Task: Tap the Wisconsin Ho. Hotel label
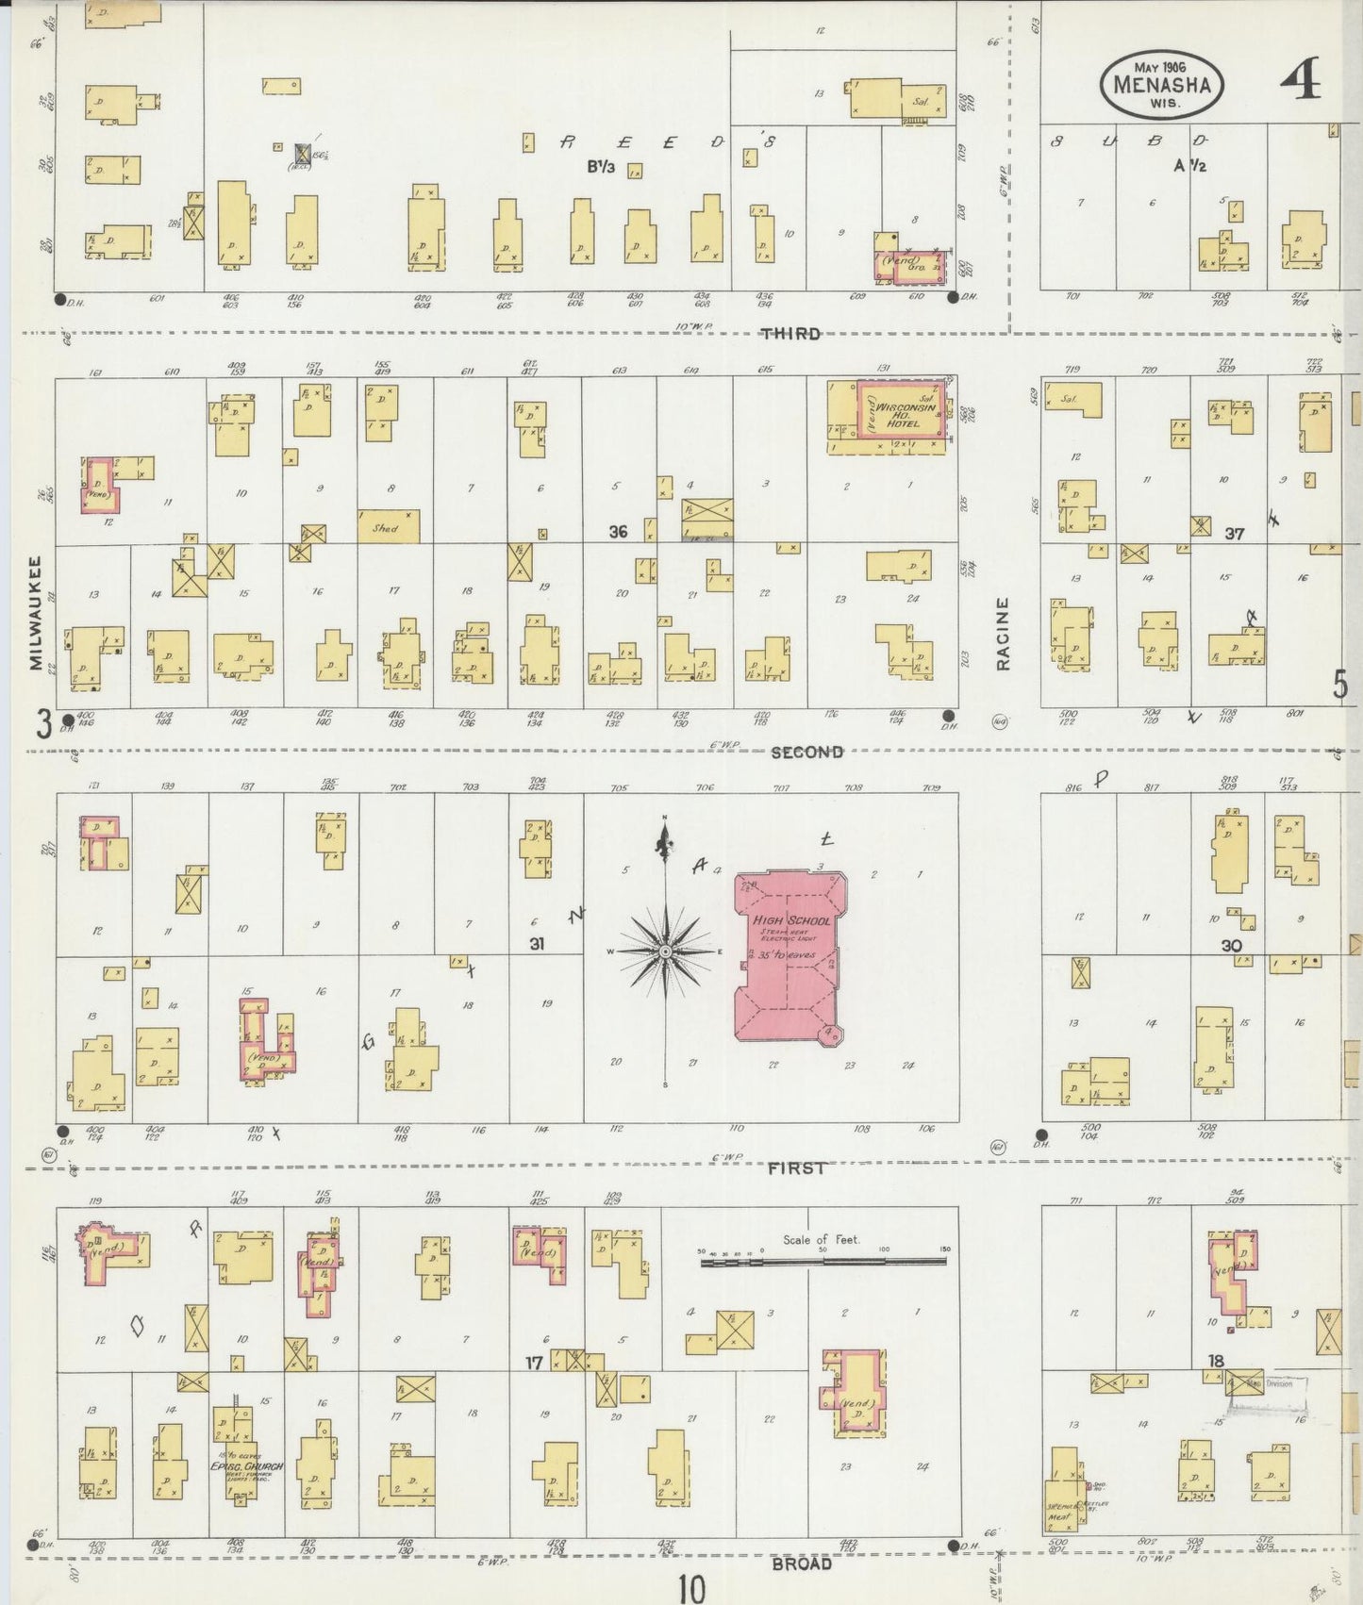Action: click(897, 416)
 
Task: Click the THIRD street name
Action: click(790, 334)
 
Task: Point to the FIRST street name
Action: click(796, 1167)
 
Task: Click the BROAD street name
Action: click(801, 1563)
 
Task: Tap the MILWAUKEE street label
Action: click(36, 613)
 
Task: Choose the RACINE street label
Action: click(1003, 634)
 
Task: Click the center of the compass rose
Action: click(665, 951)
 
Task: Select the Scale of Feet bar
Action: click(823, 1260)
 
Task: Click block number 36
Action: click(618, 532)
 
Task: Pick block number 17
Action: click(534, 1361)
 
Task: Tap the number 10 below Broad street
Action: click(690, 1588)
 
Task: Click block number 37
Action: click(1235, 534)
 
